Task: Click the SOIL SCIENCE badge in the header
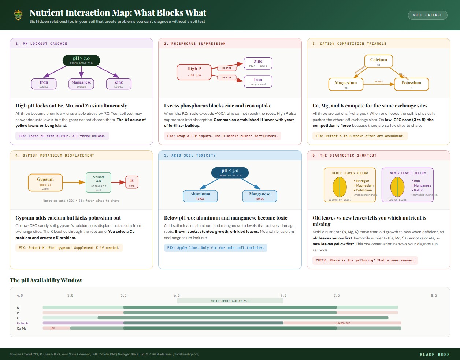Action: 427,15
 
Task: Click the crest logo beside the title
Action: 18,15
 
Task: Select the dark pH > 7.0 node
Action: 81,60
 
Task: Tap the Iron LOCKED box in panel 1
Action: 44,84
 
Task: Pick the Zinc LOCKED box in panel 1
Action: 119,84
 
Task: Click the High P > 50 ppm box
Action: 194,71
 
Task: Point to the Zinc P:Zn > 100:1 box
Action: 258,63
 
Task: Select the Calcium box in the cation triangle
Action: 378,61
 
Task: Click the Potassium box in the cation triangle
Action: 411,85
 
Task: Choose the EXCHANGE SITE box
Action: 99,183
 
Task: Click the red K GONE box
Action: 132,182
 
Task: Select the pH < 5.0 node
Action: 230,172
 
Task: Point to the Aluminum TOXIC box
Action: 200,196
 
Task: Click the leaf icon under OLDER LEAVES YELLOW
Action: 340,187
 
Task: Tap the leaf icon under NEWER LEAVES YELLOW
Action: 397,187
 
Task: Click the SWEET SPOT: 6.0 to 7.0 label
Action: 230,301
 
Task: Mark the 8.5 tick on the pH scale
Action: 434,295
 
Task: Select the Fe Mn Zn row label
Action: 23,323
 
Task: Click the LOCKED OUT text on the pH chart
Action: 343,323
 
